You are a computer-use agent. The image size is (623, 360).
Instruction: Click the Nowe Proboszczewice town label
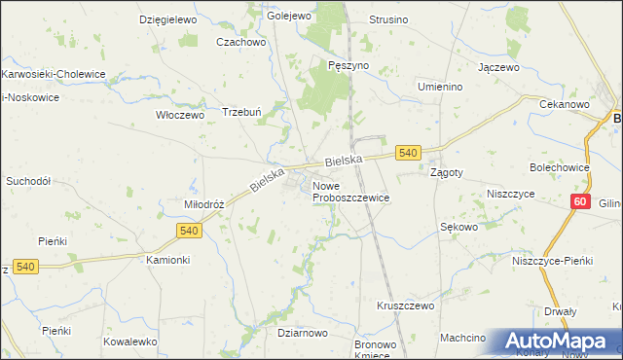pos(350,191)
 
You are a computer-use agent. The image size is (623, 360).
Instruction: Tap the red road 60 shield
pos(580,202)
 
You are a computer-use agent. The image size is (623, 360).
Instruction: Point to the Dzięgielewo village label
pos(168,19)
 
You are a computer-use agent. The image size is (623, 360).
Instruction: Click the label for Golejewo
pos(288,17)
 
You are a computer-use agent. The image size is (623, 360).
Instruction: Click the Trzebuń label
pos(243,111)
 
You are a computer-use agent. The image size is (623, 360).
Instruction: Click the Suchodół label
pos(28,181)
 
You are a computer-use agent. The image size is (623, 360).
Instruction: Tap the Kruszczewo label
pos(405,306)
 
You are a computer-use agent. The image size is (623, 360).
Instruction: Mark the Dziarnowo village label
pos(302,333)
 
